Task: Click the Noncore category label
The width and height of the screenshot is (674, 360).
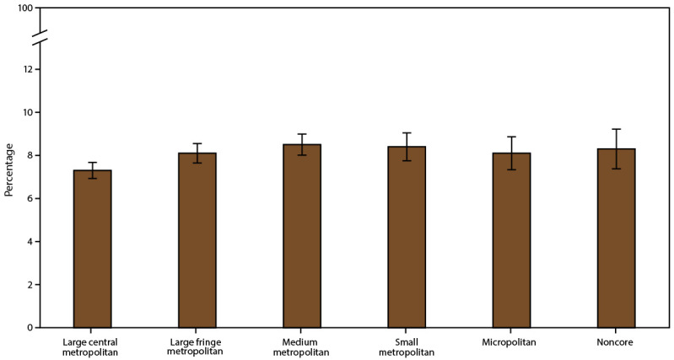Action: (x=616, y=342)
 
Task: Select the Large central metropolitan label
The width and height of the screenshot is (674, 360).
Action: (x=93, y=347)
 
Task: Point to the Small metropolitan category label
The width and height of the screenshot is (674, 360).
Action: (x=407, y=347)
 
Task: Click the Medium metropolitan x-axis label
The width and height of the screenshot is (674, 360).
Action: (x=302, y=347)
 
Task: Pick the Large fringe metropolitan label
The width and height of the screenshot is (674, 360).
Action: (x=197, y=347)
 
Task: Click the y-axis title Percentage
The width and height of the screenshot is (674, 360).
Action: (x=9, y=169)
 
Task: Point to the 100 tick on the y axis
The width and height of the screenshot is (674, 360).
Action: (x=25, y=8)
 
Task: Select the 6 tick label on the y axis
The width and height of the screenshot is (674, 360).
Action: (x=30, y=199)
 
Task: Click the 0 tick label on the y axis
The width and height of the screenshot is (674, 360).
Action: (x=30, y=328)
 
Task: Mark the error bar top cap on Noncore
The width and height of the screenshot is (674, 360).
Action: (x=616, y=129)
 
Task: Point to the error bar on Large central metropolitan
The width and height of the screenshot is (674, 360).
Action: (x=93, y=169)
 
